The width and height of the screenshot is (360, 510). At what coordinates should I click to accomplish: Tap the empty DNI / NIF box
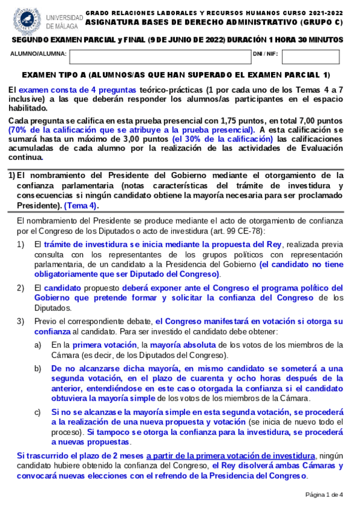pyautogui.click(x=310, y=57)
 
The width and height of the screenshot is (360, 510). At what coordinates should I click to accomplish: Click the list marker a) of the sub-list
pyautogui.click(x=38, y=345)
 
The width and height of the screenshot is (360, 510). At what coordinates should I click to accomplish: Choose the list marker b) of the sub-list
pyautogui.click(x=38, y=368)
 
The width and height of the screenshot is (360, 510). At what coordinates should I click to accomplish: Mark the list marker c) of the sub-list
pyautogui.click(x=38, y=412)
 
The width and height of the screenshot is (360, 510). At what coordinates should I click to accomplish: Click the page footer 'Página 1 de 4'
pyautogui.click(x=324, y=495)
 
